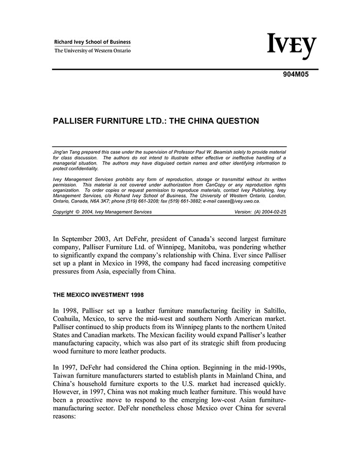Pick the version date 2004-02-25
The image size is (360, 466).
(x=272, y=212)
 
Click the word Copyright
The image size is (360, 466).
(x=63, y=212)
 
